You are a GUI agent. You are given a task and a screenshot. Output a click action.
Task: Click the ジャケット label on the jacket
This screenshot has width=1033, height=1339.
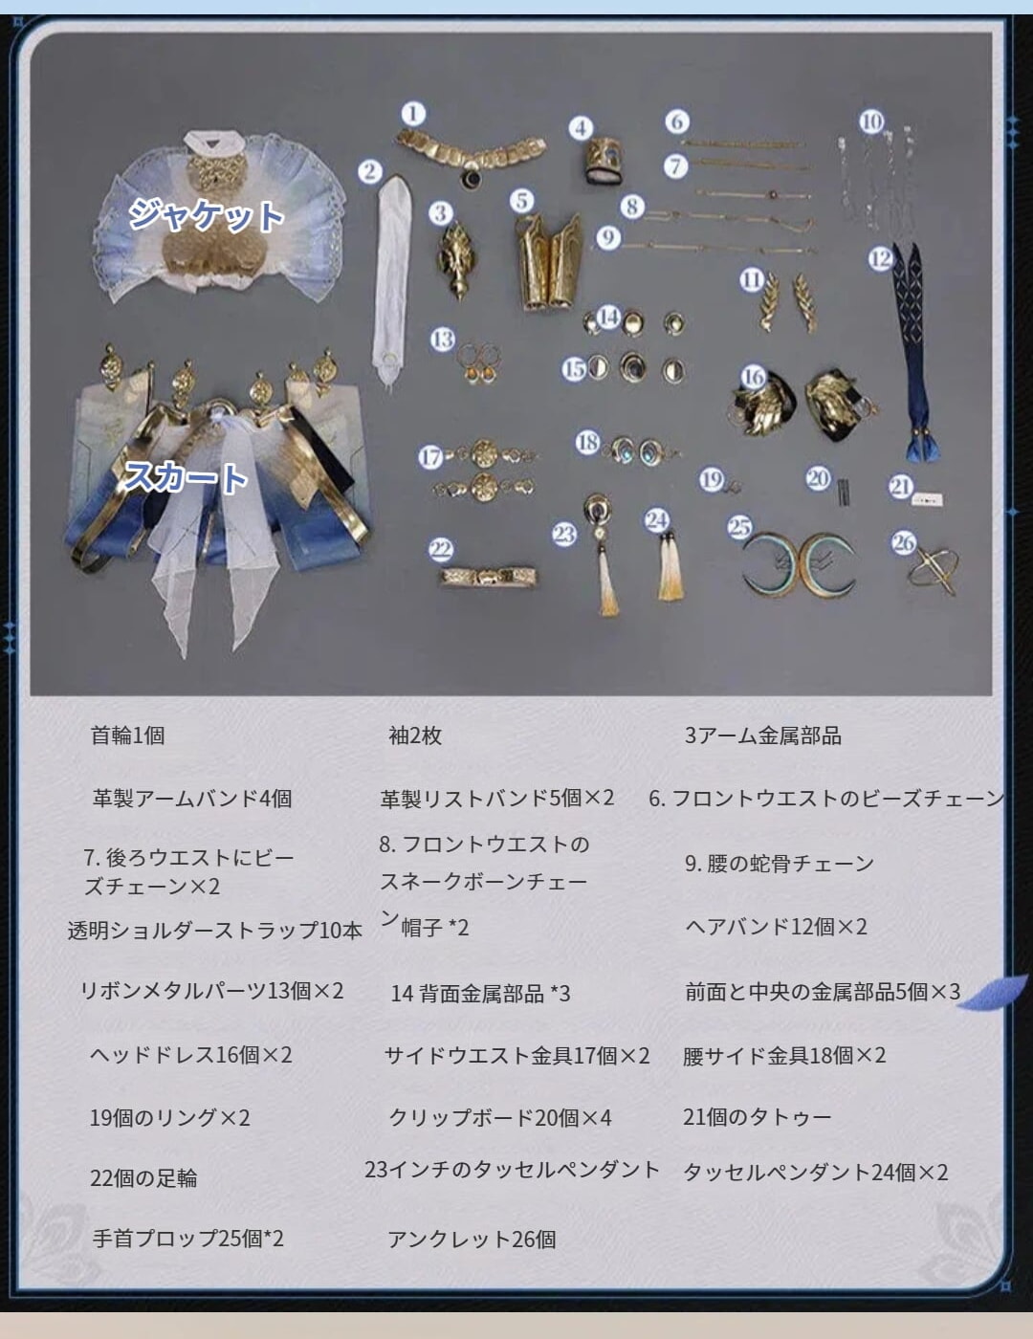(206, 215)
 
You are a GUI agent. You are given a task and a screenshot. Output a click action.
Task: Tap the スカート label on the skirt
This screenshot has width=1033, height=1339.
(186, 477)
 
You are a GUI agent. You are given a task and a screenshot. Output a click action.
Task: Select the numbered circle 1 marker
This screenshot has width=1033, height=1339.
(413, 114)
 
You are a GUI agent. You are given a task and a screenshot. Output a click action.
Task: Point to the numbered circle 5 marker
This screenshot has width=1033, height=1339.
(521, 201)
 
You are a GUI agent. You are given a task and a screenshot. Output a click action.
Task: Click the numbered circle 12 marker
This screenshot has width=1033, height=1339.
(881, 258)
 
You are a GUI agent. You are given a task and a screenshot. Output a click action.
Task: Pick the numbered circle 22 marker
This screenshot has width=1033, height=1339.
(441, 550)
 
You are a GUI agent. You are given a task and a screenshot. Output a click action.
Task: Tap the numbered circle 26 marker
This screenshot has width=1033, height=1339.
(904, 542)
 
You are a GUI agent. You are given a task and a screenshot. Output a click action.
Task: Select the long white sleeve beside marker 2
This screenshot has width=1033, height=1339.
(390, 281)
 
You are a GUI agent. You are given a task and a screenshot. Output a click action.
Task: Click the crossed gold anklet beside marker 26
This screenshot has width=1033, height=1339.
(934, 572)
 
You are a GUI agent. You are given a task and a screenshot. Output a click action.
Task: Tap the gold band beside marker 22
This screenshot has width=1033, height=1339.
(489, 577)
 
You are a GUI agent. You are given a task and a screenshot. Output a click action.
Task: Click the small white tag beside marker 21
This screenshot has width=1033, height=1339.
(928, 499)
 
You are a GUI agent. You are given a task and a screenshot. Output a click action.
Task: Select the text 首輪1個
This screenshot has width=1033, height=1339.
(127, 735)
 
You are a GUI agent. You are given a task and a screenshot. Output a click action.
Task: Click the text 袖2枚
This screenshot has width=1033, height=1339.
(415, 735)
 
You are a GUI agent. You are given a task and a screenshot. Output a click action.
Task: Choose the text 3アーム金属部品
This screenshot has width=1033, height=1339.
(762, 735)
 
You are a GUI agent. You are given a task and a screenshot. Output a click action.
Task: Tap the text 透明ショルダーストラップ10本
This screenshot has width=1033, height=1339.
(214, 931)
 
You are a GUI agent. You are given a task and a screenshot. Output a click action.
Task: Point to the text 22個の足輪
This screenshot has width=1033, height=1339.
(143, 1178)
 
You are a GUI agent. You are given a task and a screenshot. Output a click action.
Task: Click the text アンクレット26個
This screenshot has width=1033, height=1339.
(472, 1240)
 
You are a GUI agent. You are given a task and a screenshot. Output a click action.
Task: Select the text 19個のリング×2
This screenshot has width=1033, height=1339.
(170, 1118)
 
